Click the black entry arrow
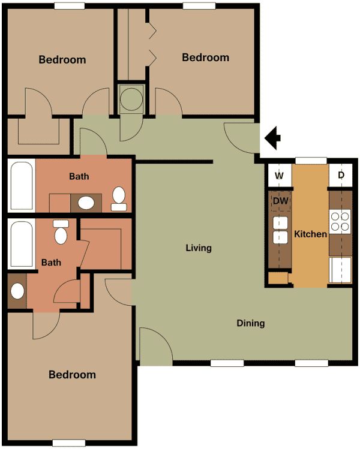coord(274,138)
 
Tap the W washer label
coord(279,176)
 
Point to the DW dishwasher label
coord(280,201)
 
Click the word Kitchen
coord(310,234)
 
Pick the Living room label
coord(199,248)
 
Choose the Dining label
coord(250,323)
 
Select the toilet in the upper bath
coord(119,198)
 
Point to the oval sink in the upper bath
coord(87,202)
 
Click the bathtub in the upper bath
coord(22,185)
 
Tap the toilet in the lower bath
coord(61,233)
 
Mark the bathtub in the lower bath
coord(22,244)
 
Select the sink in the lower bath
coord(17,292)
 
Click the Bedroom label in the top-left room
coord(62,60)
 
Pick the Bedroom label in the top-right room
coord(205,58)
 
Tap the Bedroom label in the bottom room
coord(72,375)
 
